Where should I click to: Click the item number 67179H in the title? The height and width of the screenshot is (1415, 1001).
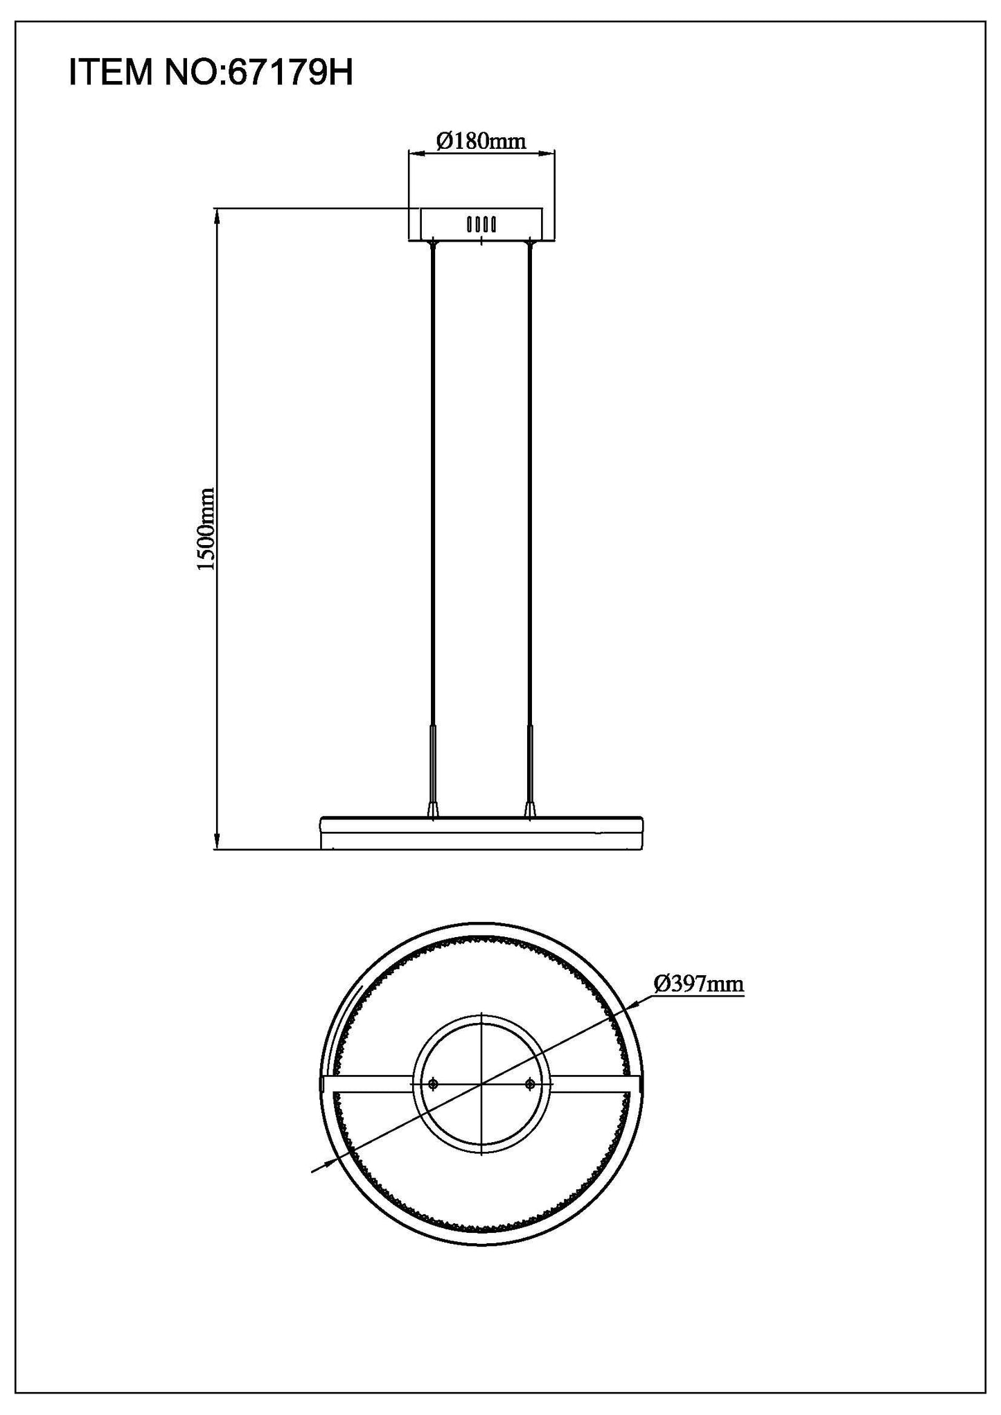point(290,73)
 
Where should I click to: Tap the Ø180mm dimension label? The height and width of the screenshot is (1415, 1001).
point(481,141)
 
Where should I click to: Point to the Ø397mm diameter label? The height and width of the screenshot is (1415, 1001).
point(698,983)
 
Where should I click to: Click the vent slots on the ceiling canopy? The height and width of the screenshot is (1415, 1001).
point(481,224)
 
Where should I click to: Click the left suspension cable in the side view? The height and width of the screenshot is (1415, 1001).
point(433,485)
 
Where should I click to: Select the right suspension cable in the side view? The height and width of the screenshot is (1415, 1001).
point(531,485)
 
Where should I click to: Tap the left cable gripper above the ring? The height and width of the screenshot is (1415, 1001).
point(433,807)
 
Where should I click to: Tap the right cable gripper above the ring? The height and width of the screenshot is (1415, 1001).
point(531,807)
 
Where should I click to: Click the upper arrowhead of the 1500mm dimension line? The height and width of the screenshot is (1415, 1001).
point(217,215)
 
